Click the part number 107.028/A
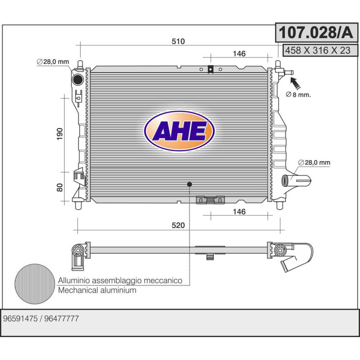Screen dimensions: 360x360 pos(316,32)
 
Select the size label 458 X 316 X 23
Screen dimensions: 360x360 pos(318,50)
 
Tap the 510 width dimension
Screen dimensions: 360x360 pos(178,41)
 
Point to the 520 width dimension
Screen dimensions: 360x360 pos(178,225)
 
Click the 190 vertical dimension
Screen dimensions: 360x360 pos(59,134)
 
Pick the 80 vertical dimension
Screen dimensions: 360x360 pos(59,188)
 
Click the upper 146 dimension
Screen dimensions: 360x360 pos(239,54)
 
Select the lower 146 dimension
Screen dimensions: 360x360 pos(239,211)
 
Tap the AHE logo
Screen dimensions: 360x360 pos(179,131)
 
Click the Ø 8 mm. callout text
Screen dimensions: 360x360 pos(298,94)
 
